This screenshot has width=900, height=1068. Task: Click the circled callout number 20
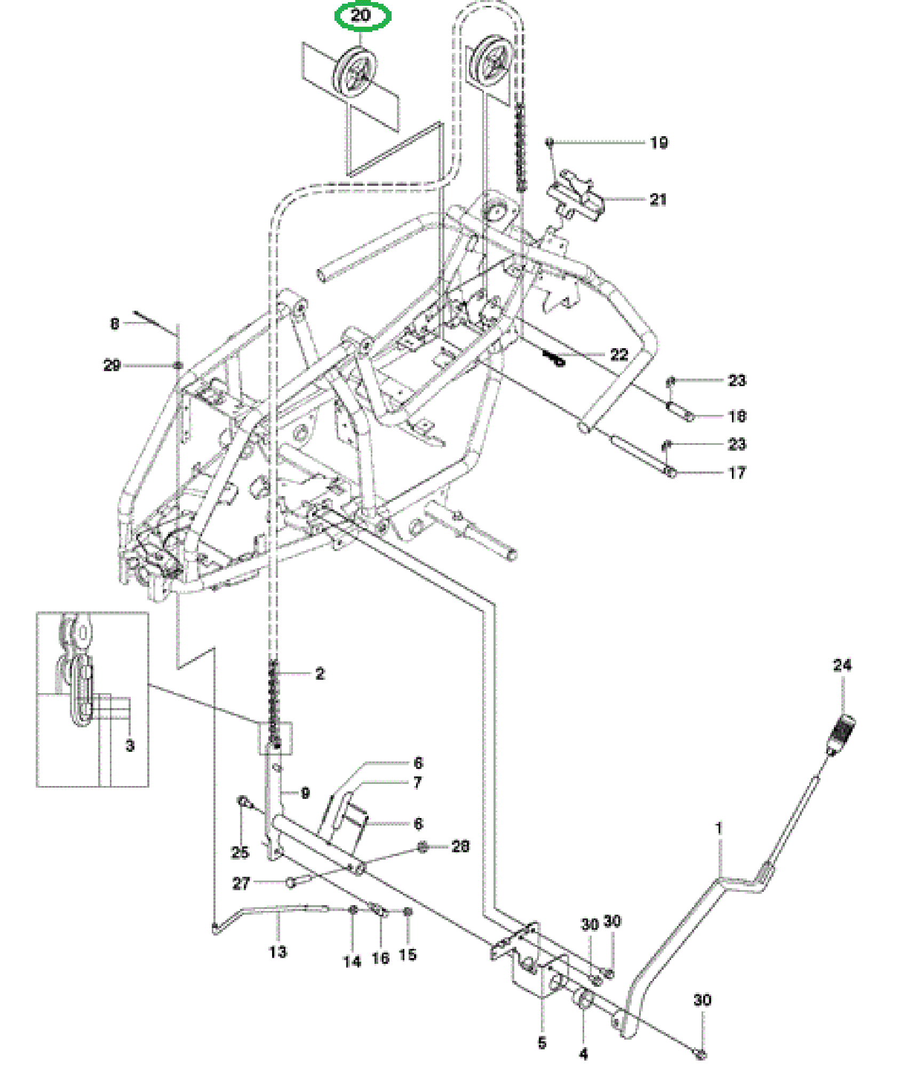[361, 15]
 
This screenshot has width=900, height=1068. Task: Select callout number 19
[659, 143]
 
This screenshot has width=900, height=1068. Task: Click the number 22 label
[619, 355]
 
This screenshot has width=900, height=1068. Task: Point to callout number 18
[737, 417]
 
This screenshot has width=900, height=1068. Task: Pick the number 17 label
[737, 473]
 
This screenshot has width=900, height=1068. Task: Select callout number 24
[842, 665]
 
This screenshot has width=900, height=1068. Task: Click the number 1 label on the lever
[719, 829]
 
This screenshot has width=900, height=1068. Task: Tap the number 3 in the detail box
[130, 745]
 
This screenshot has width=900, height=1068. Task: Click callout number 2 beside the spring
[320, 674]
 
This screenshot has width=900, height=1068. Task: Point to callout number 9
[305, 793]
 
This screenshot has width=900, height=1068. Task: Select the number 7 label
[418, 783]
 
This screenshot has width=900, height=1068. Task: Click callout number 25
[240, 852]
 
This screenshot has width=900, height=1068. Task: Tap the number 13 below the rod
[278, 952]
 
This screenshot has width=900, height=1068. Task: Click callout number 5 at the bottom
[542, 1042]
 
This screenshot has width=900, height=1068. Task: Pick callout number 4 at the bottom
[583, 1054]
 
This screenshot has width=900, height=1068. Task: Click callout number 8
[115, 324]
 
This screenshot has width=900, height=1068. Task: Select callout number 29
[112, 366]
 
